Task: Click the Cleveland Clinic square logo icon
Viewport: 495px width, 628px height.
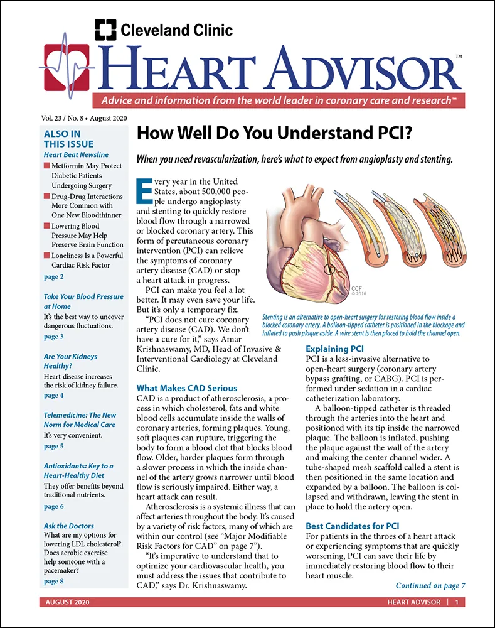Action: pos(105,30)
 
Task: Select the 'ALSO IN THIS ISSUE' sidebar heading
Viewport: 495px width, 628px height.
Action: pos(63,138)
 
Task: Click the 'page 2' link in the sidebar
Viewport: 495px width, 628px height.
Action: pos(53,277)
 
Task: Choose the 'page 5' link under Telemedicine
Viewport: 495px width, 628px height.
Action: pos(53,447)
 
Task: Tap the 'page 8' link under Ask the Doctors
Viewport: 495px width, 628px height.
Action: pos(53,582)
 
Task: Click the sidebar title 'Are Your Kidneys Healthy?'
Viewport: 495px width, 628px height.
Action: pos(70,361)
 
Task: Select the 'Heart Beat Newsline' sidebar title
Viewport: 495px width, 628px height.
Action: pos(76,154)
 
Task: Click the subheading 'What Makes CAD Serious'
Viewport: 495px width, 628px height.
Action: pos(186,388)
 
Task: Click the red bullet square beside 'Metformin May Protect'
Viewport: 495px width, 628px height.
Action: pos(46,166)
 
